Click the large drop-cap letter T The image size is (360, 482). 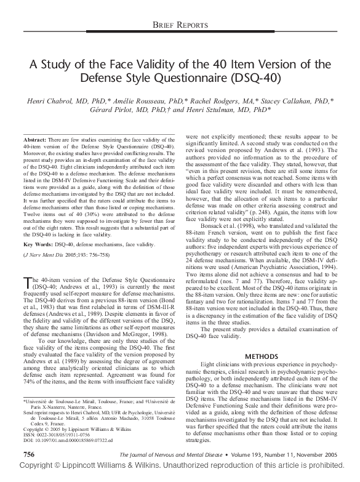[27, 283]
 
